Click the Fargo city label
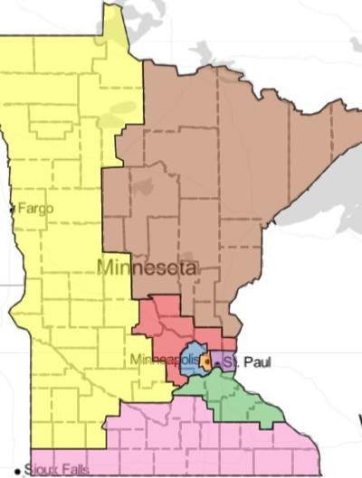(x=35, y=209)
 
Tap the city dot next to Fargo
(x=12, y=209)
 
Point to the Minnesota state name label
(x=147, y=267)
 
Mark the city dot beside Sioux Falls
(x=17, y=469)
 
